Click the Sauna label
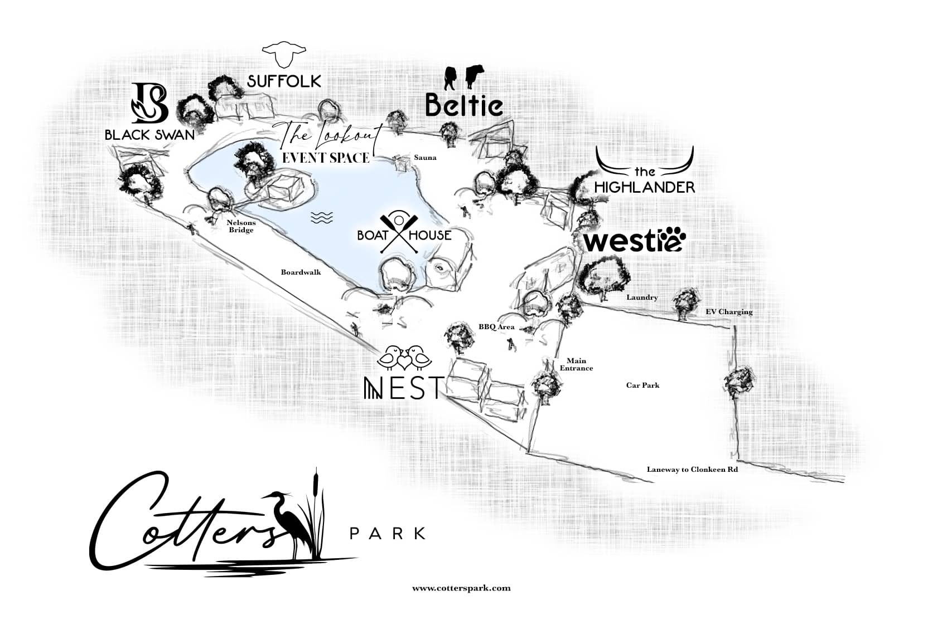coord(425,158)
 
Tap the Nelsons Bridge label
coord(241,226)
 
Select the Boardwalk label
coord(301,272)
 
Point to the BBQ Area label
coord(496,327)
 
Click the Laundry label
coord(642,297)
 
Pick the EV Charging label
coord(729,312)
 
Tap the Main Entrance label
coord(576,364)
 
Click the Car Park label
coord(642,385)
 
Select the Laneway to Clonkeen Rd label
coord(692,470)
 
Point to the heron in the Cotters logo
coord(298,524)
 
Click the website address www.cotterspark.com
coord(461,588)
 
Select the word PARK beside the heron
coord(387,534)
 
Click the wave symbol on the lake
coord(322,218)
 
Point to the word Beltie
coord(464,105)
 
